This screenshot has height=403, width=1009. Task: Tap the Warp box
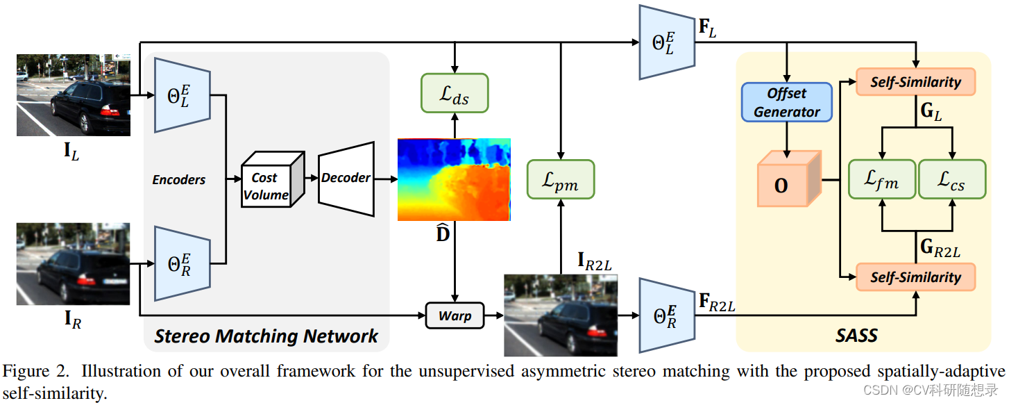tap(454, 316)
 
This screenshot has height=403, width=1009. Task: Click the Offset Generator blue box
tap(787, 102)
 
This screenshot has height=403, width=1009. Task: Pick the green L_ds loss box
tap(455, 93)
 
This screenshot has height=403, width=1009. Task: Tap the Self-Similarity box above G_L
tap(916, 82)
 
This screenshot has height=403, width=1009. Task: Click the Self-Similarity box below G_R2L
tap(916, 277)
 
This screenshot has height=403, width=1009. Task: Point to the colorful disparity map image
tap(454, 179)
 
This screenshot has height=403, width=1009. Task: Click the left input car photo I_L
tap(74, 95)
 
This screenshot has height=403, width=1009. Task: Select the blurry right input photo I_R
tap(74, 263)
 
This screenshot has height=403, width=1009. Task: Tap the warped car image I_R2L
tap(560, 315)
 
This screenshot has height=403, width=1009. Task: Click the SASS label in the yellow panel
tap(856, 336)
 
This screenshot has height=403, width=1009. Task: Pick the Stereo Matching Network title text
tap(266, 337)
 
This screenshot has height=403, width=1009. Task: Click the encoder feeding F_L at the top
tap(666, 42)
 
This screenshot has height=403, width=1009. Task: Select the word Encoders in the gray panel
tap(179, 179)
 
